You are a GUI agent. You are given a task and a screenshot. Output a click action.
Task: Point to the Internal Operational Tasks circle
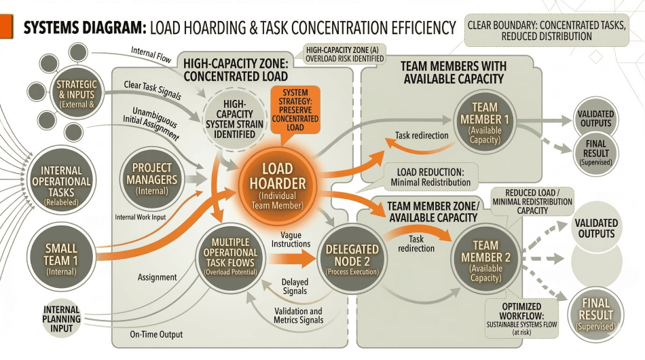[x=61, y=181]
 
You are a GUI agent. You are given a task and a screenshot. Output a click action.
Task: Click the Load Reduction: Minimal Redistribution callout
[x=430, y=176]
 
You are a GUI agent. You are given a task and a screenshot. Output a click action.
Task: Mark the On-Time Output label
[x=155, y=334]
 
